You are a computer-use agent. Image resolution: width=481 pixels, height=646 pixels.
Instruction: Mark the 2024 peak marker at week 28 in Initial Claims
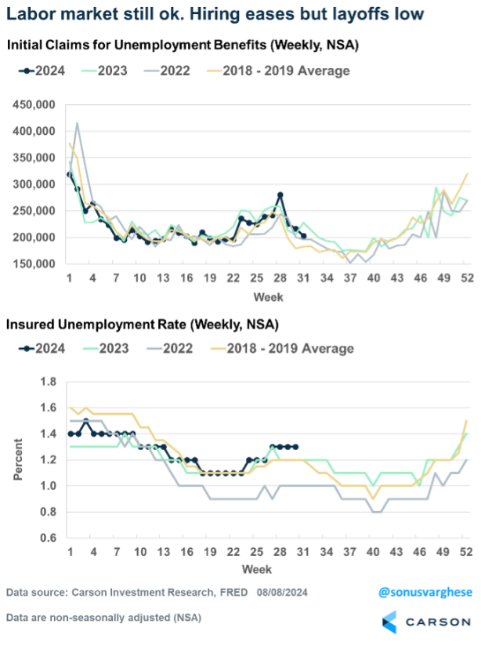click(x=280, y=194)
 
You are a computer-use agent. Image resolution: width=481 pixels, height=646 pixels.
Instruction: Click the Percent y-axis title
click(x=18, y=459)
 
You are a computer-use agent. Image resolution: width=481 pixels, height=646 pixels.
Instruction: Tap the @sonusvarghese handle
click(x=425, y=592)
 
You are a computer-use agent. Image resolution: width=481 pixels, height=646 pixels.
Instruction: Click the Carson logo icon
click(x=391, y=622)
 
